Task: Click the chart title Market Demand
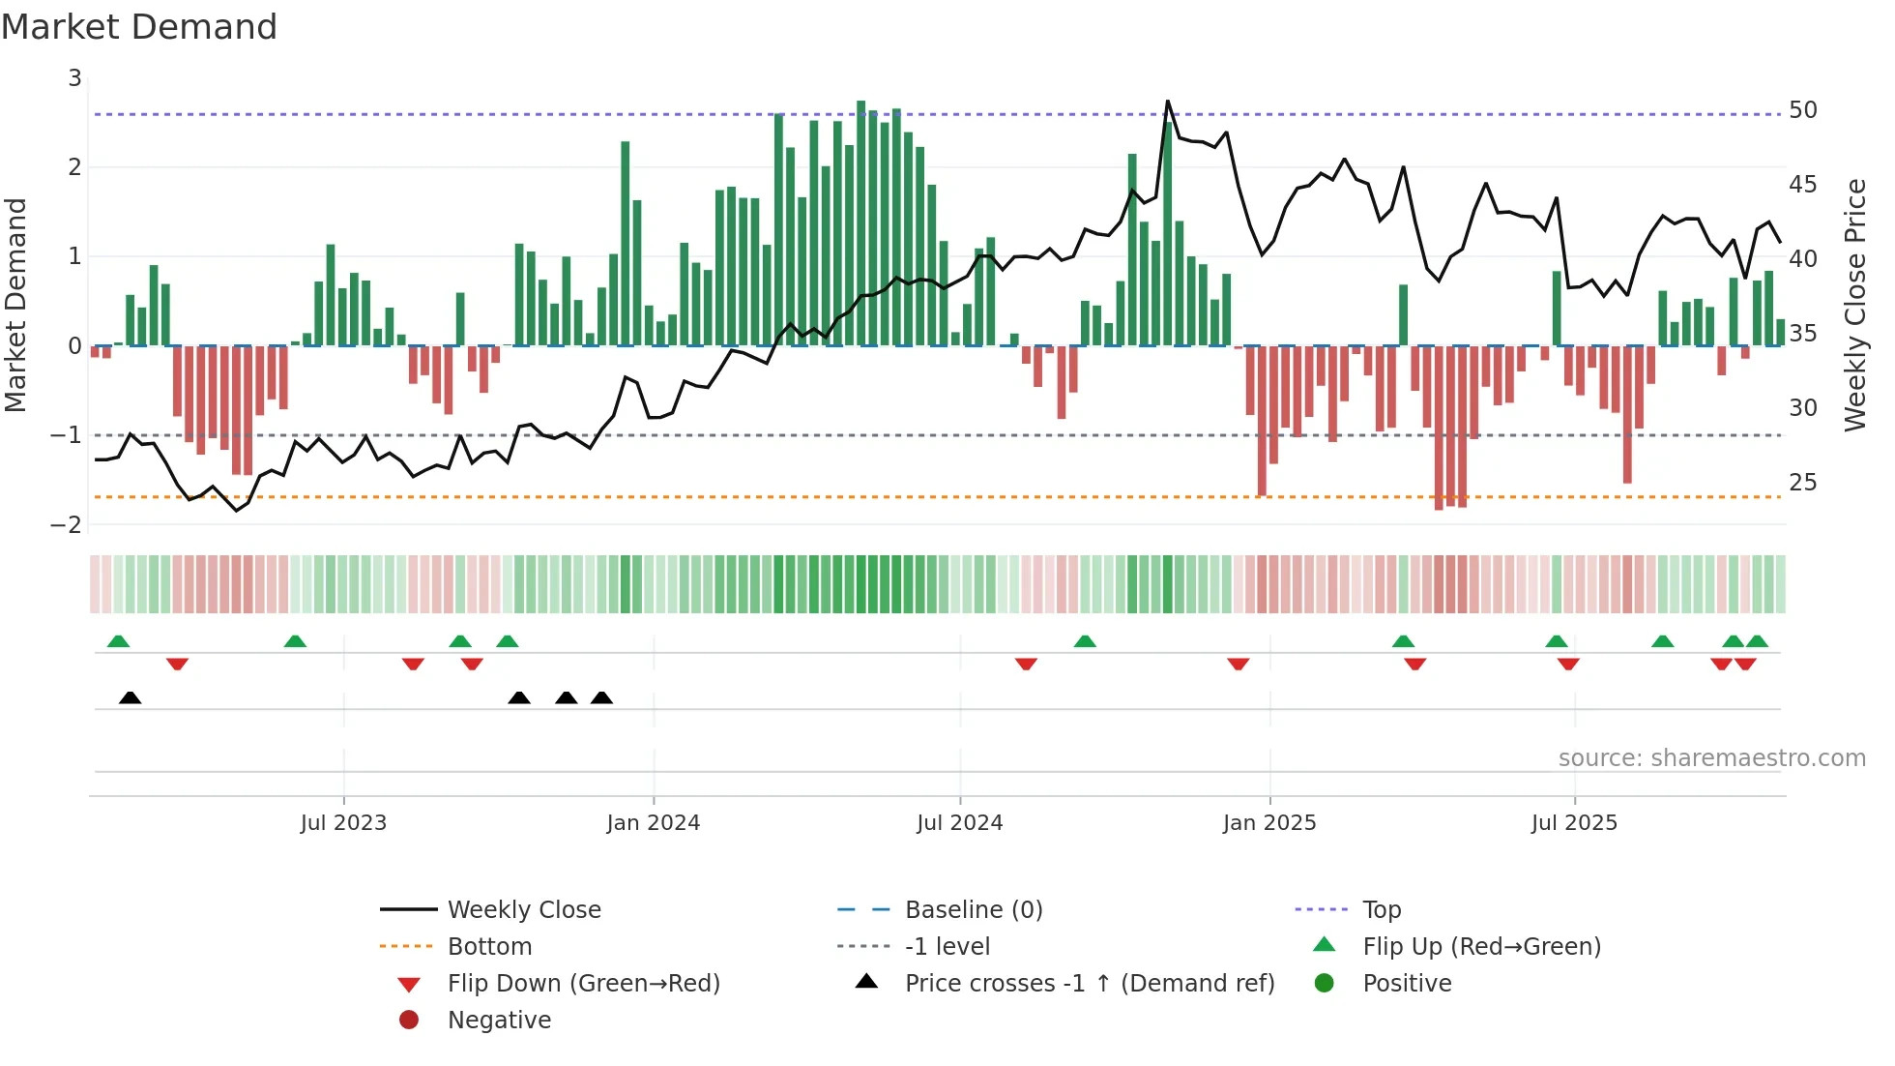(139, 27)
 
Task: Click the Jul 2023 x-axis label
(343, 823)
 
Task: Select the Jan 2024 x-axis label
(653, 823)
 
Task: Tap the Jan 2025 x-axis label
(1268, 823)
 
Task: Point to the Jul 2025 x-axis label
(1573, 823)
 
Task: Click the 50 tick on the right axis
(1802, 110)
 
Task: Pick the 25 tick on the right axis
(1802, 482)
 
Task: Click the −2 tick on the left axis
(66, 524)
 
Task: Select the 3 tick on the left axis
(74, 77)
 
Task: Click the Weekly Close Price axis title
(1854, 305)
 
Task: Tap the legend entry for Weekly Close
(523, 909)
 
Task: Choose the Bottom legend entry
(489, 946)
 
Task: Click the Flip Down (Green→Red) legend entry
(583, 983)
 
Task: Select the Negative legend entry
(499, 1020)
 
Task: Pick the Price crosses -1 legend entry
(1089, 983)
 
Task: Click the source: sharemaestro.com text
(1711, 757)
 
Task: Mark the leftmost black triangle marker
(130, 697)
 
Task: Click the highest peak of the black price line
(1167, 102)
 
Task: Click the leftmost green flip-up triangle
(118, 641)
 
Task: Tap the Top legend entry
(1381, 909)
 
